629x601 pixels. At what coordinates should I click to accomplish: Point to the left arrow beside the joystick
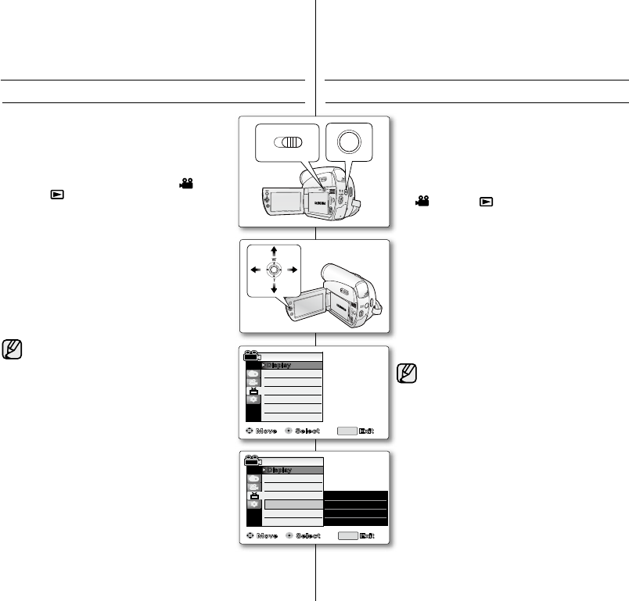tap(253, 270)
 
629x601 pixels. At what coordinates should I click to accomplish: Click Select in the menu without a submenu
tap(308, 431)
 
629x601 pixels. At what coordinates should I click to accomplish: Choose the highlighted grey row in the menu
tap(293, 505)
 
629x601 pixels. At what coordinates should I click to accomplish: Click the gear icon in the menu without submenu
tap(253, 399)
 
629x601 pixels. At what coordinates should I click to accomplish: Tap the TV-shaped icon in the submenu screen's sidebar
tap(253, 494)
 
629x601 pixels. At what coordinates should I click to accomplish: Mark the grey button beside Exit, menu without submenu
tap(346, 431)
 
